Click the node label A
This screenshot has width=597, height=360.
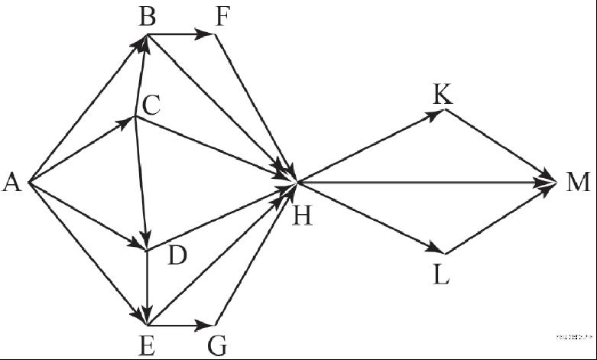coord(11,183)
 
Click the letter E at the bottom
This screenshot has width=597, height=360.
coord(147,345)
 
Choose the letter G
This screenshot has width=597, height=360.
coord(217,345)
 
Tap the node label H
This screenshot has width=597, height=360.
coord(303,216)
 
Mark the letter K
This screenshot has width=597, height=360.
coord(442,94)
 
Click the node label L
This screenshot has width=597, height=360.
coord(441,274)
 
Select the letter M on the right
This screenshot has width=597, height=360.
coord(579,183)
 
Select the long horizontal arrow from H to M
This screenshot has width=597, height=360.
coord(428,183)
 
